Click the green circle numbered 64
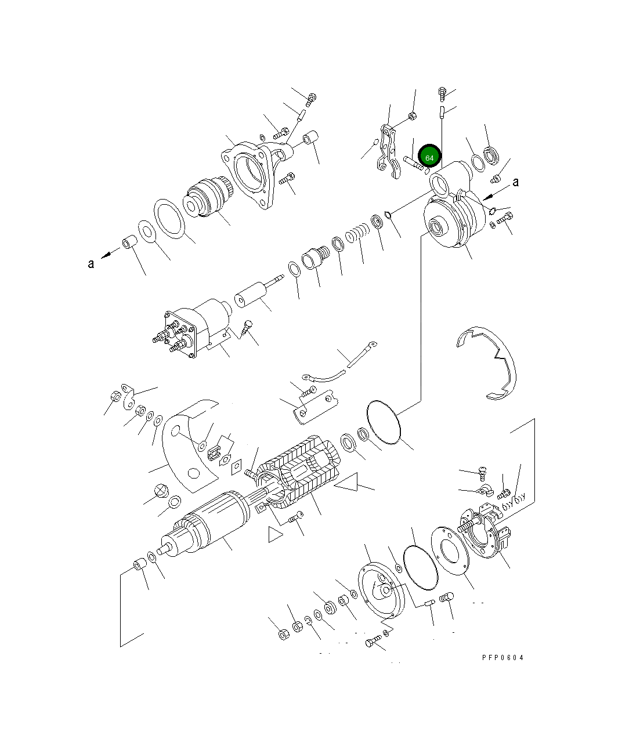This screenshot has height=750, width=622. click(429, 157)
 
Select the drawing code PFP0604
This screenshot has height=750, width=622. click(502, 658)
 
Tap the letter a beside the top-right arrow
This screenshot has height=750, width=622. click(515, 182)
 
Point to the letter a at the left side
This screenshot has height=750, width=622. click(91, 263)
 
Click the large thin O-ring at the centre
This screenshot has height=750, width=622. click(384, 423)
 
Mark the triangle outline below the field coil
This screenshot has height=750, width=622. click(275, 534)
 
